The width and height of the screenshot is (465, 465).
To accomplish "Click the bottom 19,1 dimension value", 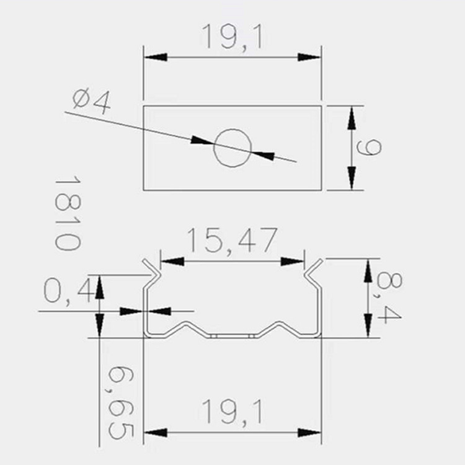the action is (232, 412).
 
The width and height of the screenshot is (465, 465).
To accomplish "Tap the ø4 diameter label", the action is (91, 100).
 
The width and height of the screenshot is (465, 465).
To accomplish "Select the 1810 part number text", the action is (68, 212).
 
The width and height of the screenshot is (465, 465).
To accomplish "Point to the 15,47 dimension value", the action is (231, 241).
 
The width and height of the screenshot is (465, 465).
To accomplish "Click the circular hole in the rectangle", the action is (232, 148).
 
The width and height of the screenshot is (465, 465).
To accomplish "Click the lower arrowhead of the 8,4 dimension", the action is (368, 326).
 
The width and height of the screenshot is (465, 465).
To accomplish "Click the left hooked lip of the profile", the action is (150, 268).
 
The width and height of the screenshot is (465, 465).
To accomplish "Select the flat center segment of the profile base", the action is (232, 335).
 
